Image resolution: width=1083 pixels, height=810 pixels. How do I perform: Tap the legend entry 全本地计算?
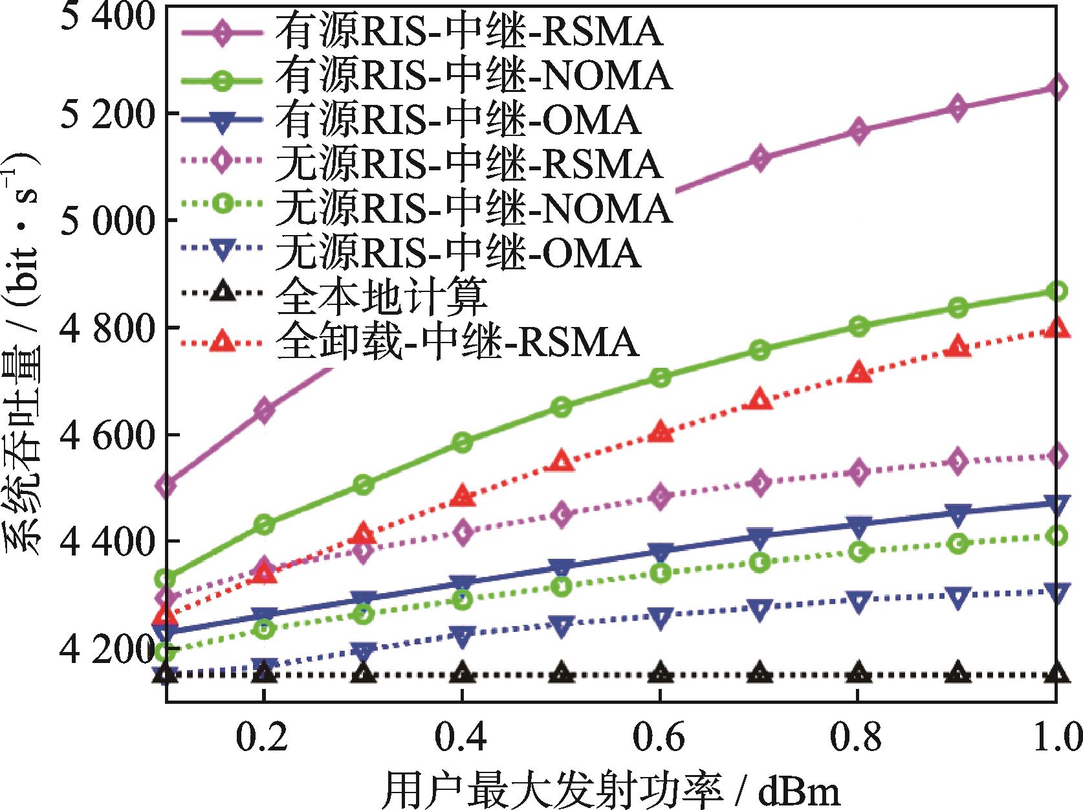381,296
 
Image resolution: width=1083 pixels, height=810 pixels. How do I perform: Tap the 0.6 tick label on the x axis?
660,738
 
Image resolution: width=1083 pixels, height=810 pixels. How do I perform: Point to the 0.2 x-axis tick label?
264,738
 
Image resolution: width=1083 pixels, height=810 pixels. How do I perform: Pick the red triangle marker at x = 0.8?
859,373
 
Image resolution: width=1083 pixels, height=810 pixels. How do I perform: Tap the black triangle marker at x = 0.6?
660,673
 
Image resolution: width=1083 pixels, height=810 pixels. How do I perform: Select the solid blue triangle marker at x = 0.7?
760,535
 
